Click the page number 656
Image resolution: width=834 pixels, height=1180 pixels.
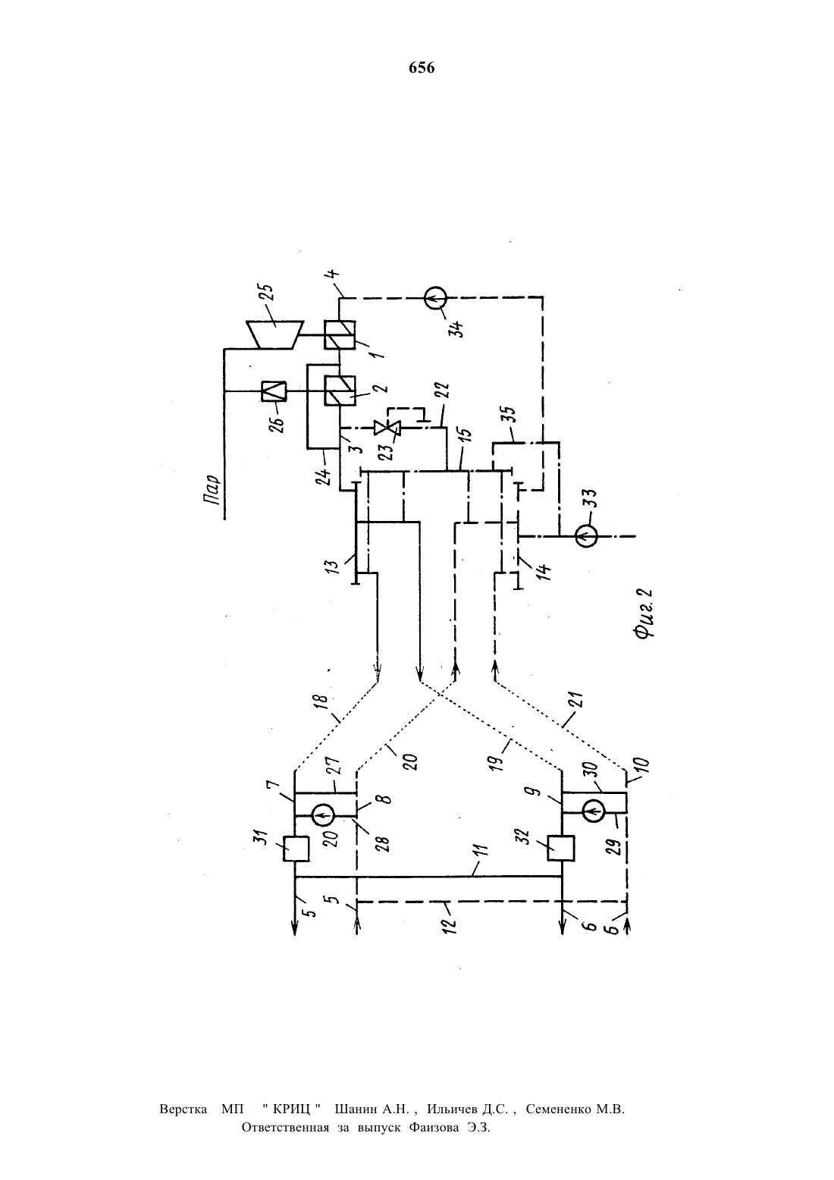(422, 68)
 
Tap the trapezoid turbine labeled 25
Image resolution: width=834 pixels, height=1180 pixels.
(274, 334)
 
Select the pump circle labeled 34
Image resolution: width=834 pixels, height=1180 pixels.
(436, 299)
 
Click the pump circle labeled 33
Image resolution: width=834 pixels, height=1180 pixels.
(586, 536)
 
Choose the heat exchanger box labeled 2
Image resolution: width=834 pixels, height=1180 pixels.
(340, 391)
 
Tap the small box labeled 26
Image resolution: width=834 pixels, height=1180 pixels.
(274, 391)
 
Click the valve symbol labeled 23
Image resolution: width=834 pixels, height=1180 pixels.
(387, 428)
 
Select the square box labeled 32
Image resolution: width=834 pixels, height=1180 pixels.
(561, 848)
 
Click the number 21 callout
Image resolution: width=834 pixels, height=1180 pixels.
(577, 701)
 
